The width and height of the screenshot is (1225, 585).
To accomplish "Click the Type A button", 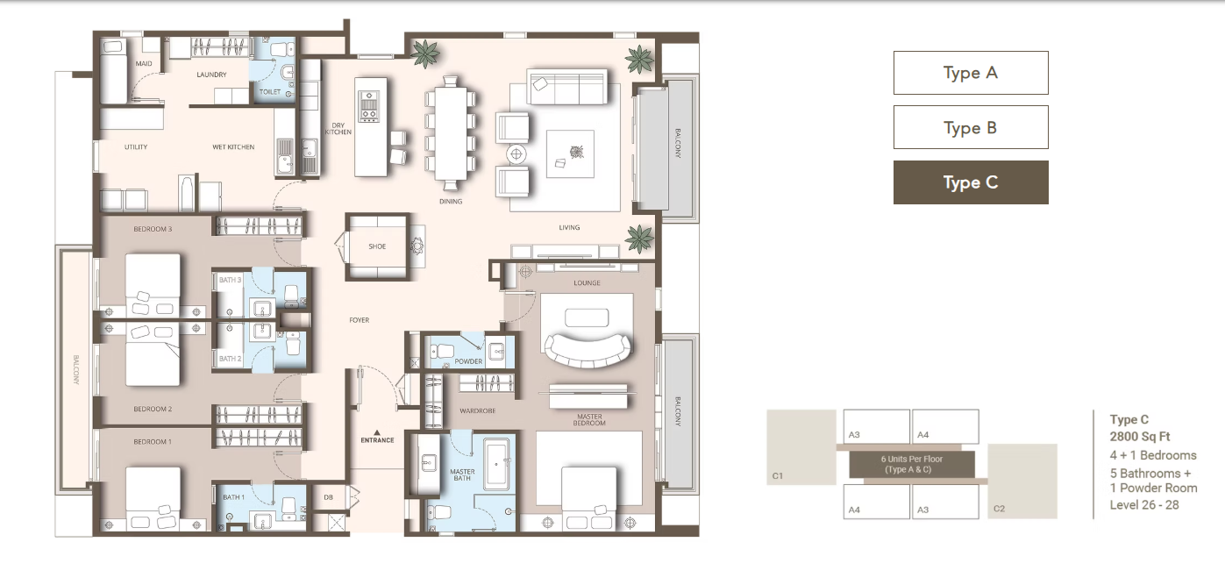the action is click(x=971, y=73).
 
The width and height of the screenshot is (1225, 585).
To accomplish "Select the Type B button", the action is click(x=971, y=127).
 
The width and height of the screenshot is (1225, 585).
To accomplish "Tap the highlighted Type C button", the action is click(x=971, y=182).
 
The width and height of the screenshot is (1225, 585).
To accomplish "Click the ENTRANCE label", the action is click(x=377, y=440).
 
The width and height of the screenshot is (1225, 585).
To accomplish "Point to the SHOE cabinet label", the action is click(x=377, y=246).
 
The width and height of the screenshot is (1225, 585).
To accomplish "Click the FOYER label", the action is click(x=360, y=320).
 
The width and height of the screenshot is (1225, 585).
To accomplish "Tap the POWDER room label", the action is click(x=468, y=361).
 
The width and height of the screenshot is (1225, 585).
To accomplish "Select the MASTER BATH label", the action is click(x=462, y=474).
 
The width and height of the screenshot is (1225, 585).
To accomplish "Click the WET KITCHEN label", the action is click(x=233, y=146).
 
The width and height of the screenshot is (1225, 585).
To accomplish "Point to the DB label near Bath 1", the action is click(x=328, y=497).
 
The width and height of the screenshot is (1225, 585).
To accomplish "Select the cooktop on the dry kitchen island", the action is click(x=368, y=106).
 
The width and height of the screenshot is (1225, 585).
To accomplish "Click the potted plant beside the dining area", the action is click(x=425, y=54).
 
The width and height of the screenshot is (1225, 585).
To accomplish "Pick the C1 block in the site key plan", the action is click(x=801, y=447).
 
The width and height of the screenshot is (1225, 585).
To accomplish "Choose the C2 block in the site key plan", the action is click(x=1022, y=481).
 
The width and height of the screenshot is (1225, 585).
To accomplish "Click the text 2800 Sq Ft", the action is click(x=1140, y=437).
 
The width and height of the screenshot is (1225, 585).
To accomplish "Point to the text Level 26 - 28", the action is click(x=1144, y=505).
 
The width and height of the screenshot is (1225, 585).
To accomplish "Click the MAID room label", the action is click(x=144, y=63).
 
